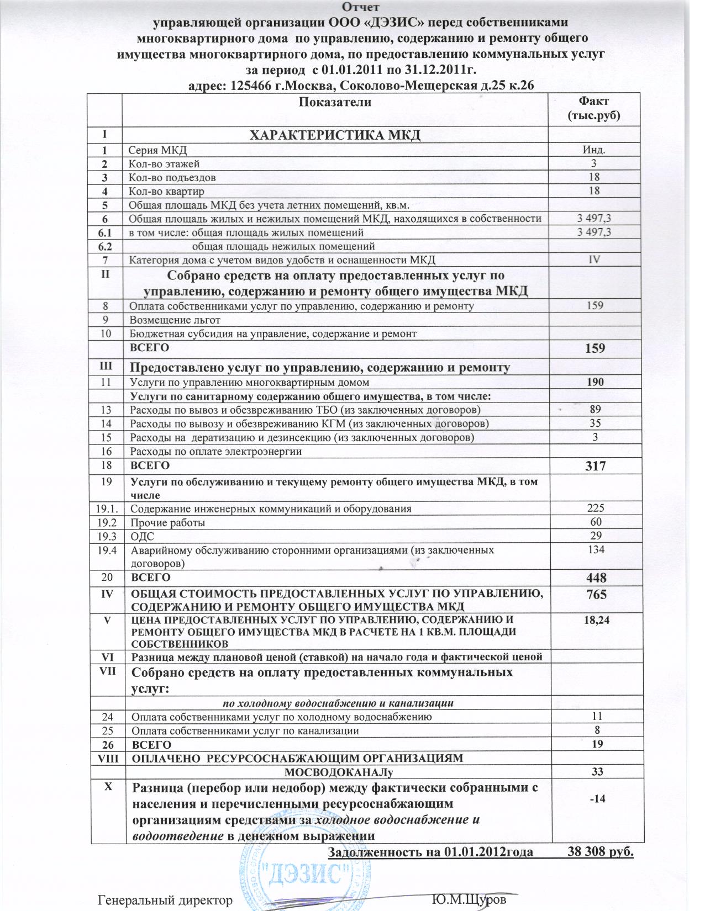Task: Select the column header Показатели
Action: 335,102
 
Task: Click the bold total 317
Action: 594,467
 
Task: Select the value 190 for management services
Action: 594,382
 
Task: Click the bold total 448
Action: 595,578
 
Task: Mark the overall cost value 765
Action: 595,595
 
